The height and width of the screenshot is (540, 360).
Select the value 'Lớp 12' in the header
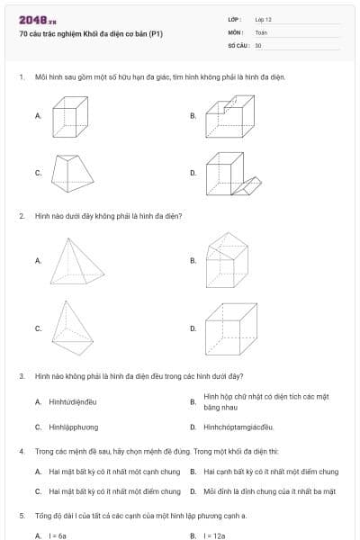click(263, 19)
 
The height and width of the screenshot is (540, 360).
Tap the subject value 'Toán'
click(261, 31)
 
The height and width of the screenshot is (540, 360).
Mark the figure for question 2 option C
click(70, 328)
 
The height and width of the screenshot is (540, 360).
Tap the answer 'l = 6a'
click(58, 535)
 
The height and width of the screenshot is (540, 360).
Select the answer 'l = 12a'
click(214, 535)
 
